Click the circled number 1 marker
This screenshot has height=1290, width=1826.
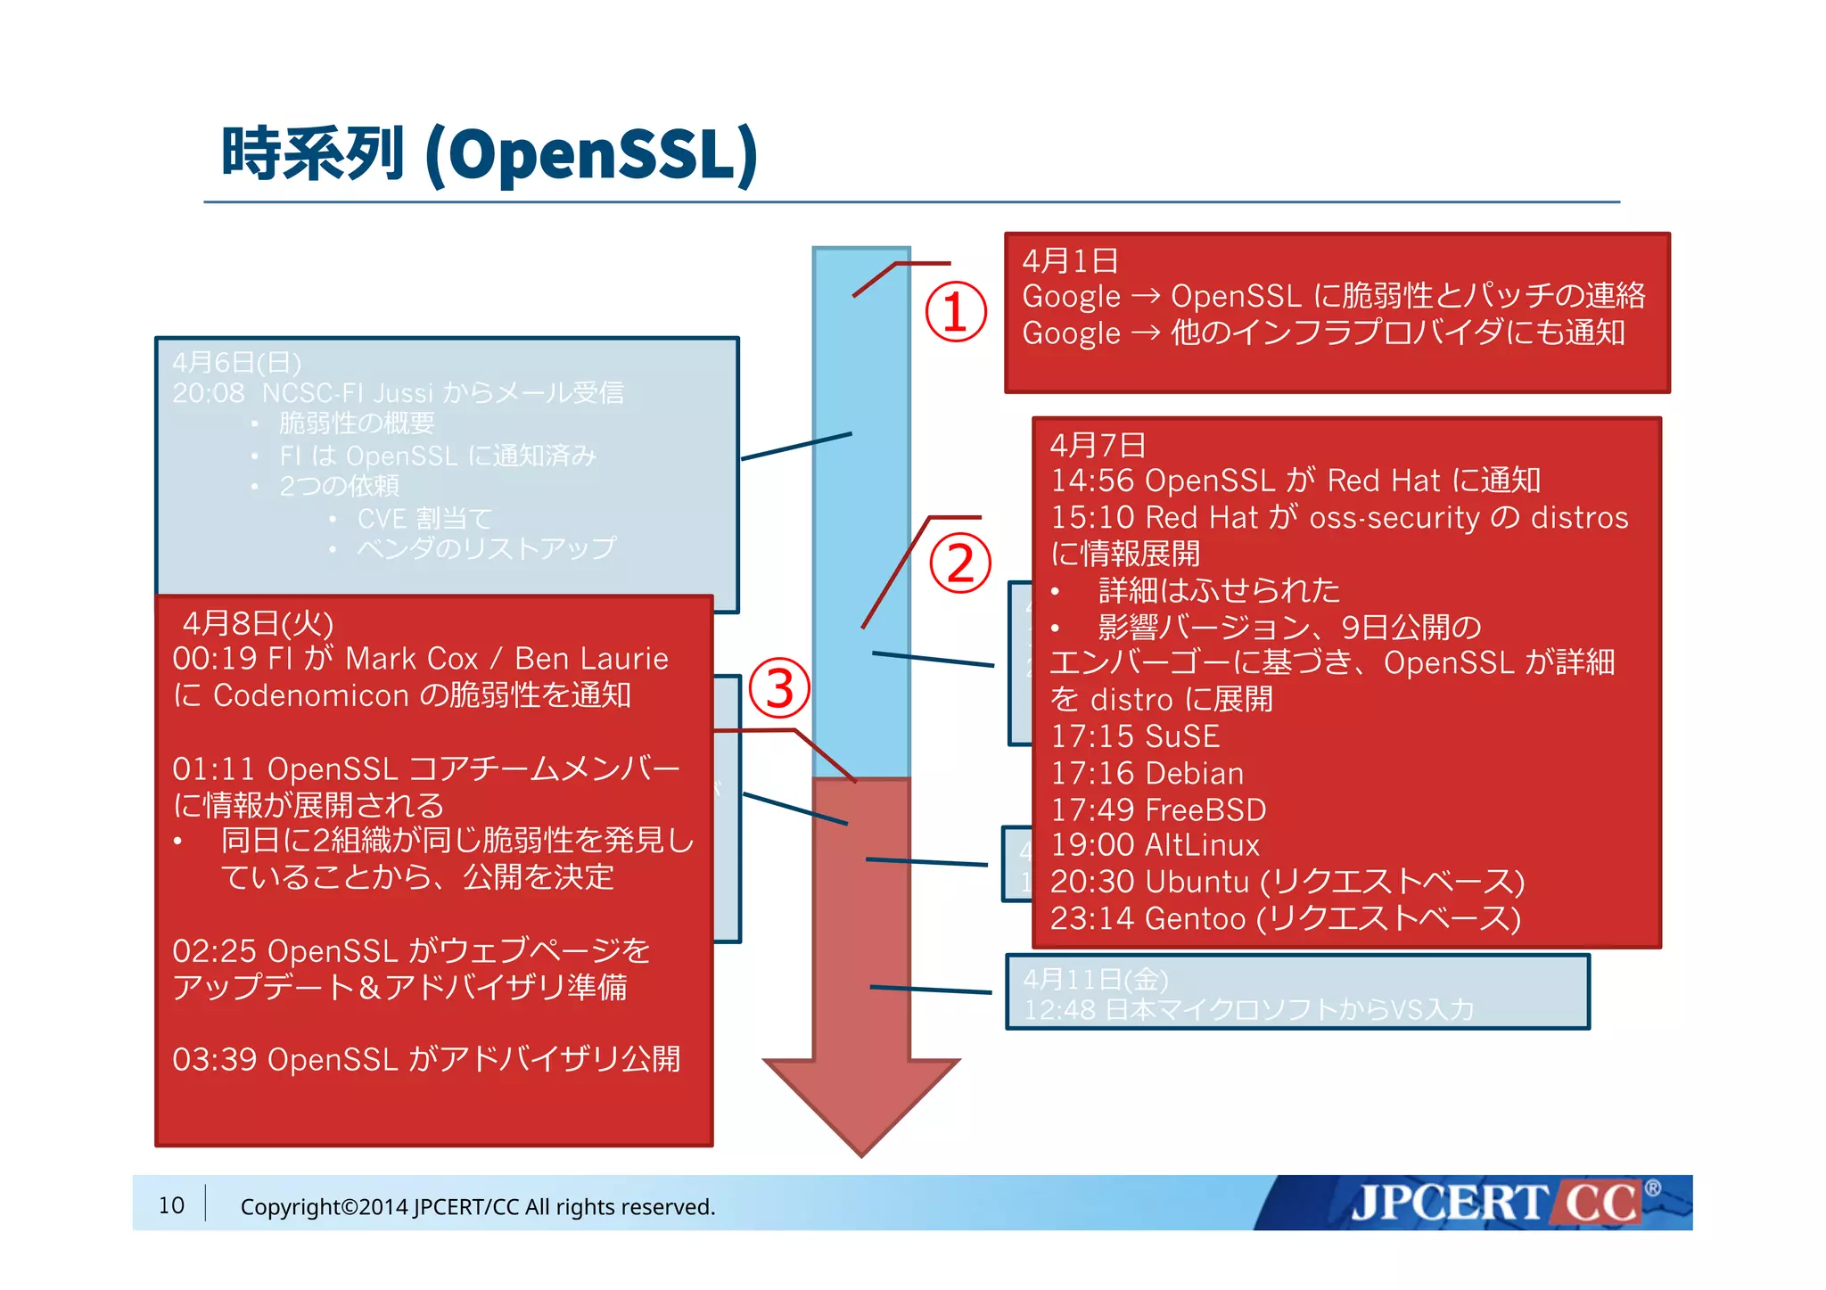click(955, 312)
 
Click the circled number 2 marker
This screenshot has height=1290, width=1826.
click(960, 563)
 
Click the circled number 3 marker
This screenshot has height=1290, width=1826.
click(779, 688)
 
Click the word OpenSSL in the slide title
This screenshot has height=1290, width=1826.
click(590, 154)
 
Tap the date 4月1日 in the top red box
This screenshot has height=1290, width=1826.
click(1070, 261)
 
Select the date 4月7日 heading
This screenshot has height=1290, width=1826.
click(1098, 445)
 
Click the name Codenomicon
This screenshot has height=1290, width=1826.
click(311, 695)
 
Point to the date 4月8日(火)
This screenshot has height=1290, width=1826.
click(258, 623)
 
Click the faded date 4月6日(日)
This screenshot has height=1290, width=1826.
click(236, 363)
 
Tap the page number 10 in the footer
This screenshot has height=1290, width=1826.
click(171, 1205)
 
